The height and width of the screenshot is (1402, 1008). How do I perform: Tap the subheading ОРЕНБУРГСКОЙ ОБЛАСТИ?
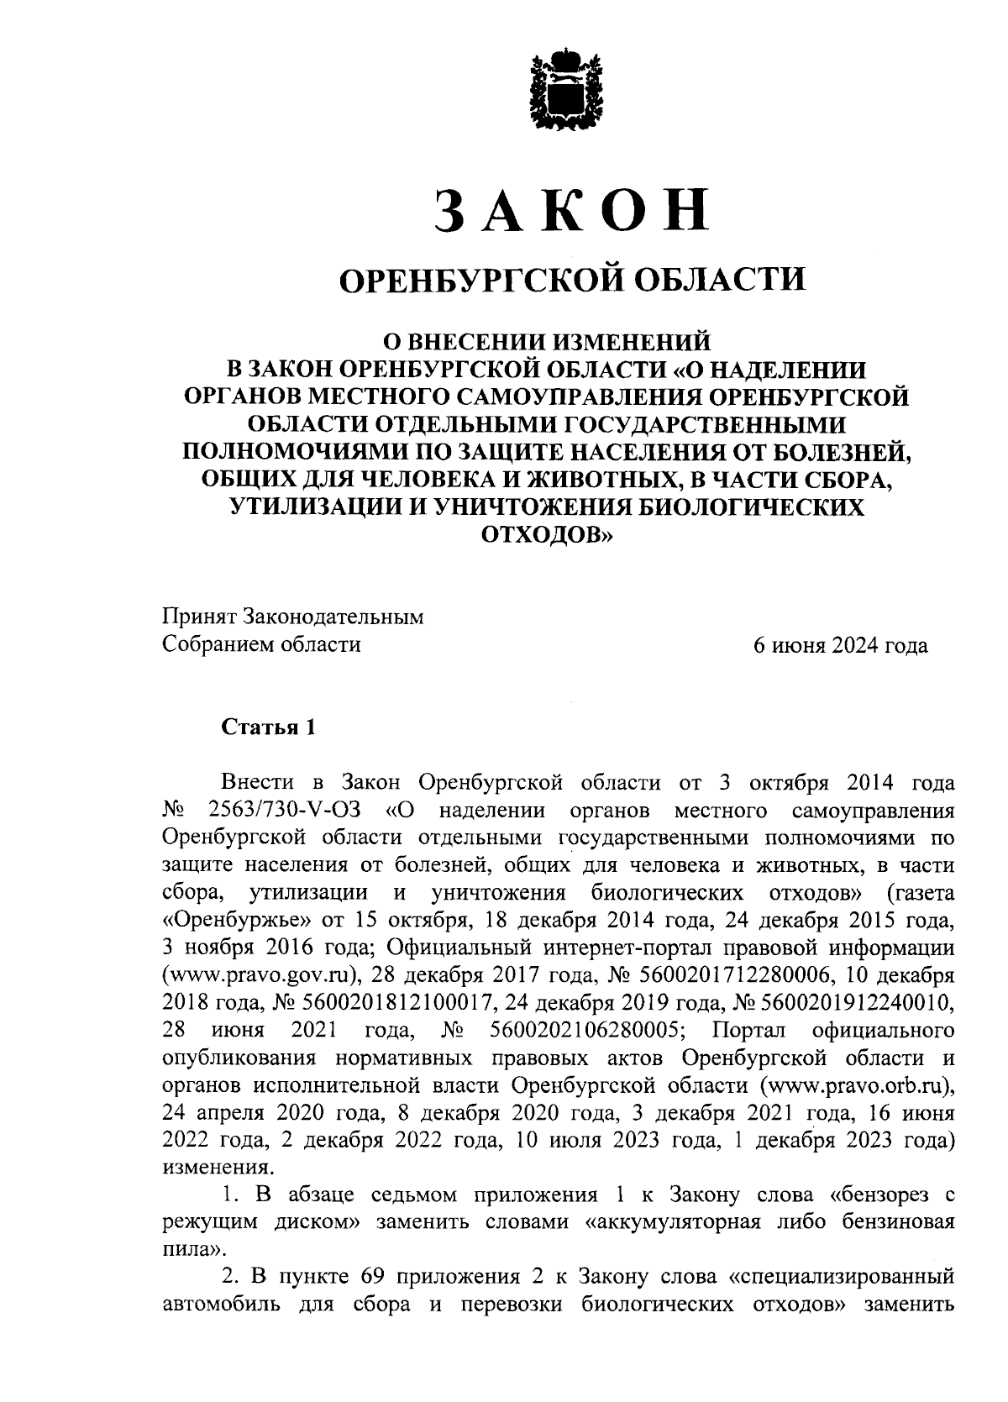[571, 278]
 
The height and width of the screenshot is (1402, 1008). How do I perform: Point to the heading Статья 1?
[268, 727]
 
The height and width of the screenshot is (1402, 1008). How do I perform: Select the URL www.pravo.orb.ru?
[855, 1085]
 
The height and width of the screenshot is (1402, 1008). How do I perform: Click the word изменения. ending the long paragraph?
[217, 1168]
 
